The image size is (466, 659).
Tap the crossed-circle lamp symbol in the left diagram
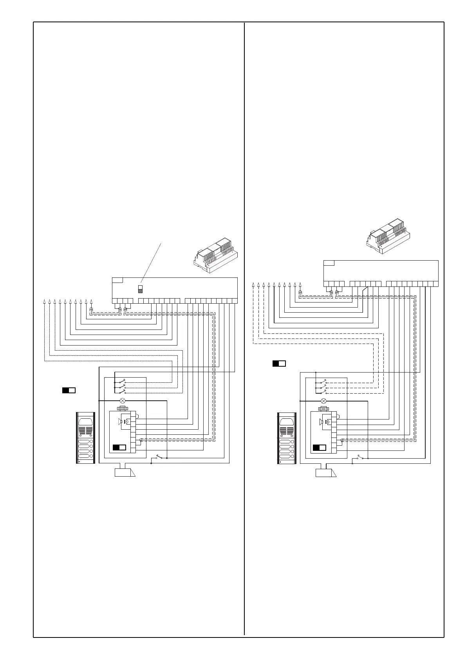coord(123,401)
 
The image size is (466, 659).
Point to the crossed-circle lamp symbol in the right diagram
coord(323,401)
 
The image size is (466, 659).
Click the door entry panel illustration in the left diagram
coord(85,438)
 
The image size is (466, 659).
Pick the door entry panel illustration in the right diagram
coord(287,438)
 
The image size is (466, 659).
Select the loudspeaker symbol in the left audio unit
coord(121,421)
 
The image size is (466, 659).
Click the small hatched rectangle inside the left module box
coord(140,291)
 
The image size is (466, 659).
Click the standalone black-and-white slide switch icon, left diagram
coord(69,390)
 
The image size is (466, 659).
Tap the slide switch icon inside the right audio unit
coord(320,448)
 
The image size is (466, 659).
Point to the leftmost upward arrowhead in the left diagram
coord(44,301)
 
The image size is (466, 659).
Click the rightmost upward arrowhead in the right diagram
coord(300,284)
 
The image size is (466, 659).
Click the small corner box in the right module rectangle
coord(329,262)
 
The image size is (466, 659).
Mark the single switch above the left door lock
coord(159,457)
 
